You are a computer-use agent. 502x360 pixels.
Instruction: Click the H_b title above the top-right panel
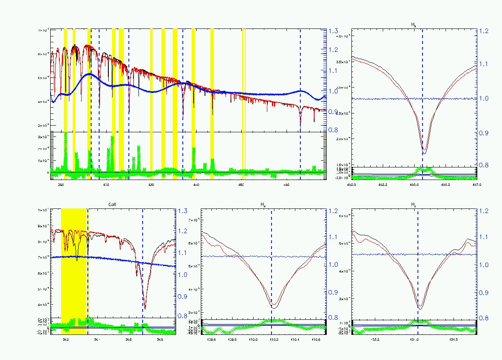[414, 25]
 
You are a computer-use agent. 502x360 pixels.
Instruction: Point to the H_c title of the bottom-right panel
[414, 205]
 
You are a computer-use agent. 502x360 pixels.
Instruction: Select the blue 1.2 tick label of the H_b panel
[484, 31]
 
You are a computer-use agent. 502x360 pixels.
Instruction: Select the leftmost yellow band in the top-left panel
[65, 80]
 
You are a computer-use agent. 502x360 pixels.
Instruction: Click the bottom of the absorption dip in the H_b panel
[424, 153]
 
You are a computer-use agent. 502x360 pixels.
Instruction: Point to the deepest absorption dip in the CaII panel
[145, 308]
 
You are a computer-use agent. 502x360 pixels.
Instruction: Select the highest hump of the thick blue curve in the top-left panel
[90, 74]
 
